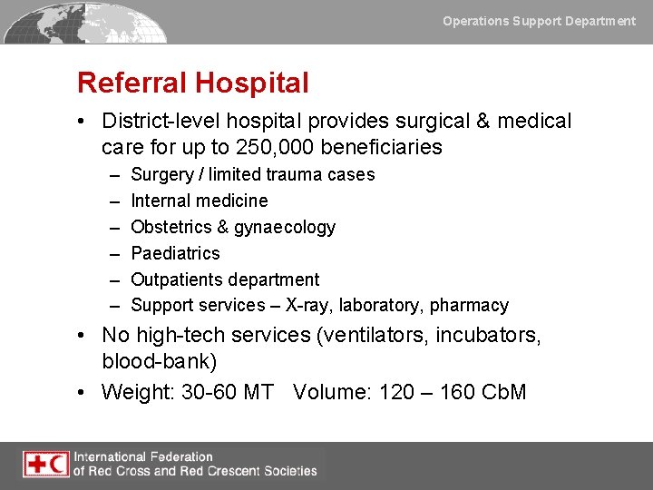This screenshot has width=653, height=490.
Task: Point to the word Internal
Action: pyautogui.click(x=161, y=201)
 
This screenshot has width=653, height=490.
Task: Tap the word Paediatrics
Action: pyautogui.click(x=175, y=253)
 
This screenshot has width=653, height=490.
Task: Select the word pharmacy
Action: pyautogui.click(x=469, y=306)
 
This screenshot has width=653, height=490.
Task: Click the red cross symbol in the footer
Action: pyautogui.click(x=36, y=465)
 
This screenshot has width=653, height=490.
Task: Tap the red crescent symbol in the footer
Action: pyautogui.click(x=57, y=465)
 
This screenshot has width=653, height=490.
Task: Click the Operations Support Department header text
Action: pyautogui.click(x=539, y=21)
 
